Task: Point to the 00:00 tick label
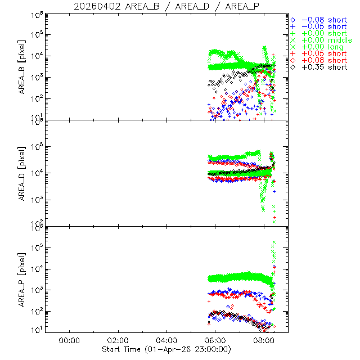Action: coord(68,340)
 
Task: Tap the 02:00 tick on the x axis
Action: coord(118,340)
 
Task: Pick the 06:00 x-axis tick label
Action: coord(216,340)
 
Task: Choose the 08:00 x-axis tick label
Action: coord(265,340)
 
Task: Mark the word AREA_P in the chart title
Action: coord(241,6)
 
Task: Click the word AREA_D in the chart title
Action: coord(186,6)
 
